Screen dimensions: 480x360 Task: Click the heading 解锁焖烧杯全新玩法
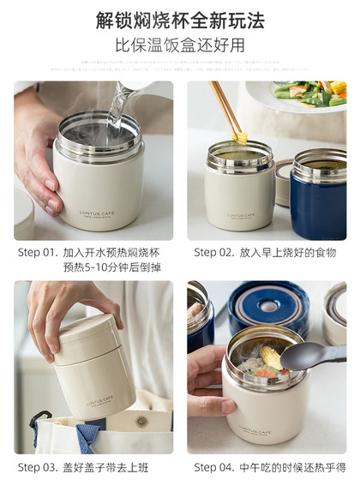click(180, 19)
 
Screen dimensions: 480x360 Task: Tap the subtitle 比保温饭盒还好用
click(180, 45)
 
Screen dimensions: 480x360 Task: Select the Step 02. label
click(216, 252)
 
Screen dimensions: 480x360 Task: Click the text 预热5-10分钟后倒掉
click(112, 267)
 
